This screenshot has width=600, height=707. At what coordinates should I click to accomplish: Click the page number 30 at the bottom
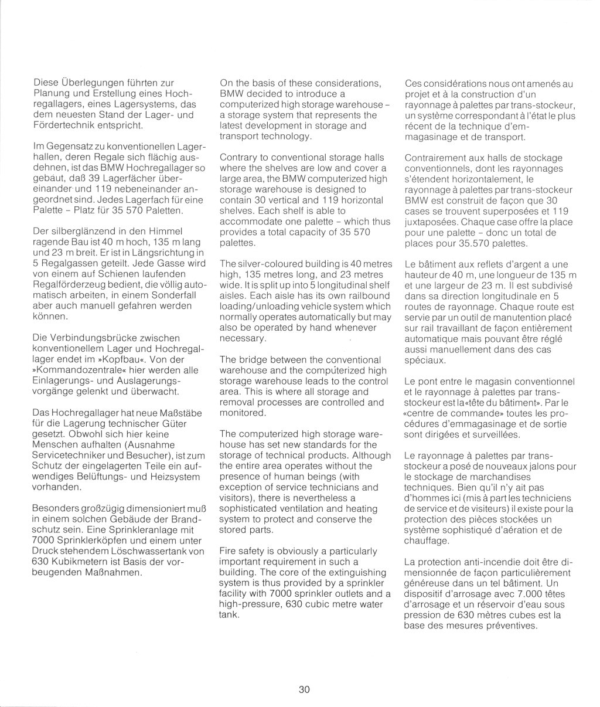(304, 689)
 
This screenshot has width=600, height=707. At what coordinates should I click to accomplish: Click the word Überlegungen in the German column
(90, 83)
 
